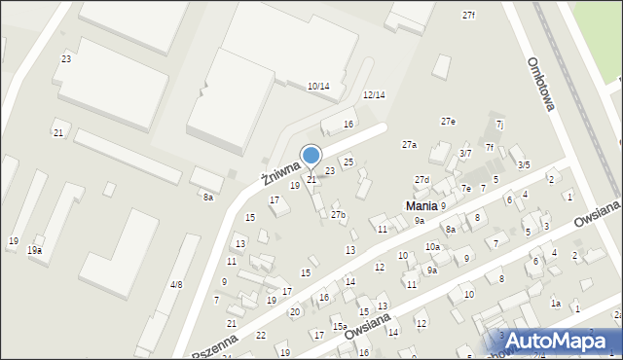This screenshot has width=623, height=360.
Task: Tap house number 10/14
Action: pos(318,87)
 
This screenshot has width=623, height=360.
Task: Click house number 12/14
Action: pos(374,95)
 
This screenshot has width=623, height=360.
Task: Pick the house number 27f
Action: pos(469,16)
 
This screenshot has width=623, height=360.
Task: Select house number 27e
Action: pos(448,122)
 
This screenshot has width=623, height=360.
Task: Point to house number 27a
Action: pos(410,145)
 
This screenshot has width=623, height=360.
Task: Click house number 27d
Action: pos(421,180)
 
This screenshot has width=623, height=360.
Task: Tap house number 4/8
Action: pos(176,284)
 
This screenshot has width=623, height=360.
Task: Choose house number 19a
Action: pos(34,251)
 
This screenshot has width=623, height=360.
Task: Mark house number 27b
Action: pos(338,214)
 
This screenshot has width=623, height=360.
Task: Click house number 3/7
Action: pos(465,153)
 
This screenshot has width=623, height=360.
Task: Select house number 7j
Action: pos(499,125)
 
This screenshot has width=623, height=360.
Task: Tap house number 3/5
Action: pos(524,165)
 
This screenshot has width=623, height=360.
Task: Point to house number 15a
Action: pos(339,327)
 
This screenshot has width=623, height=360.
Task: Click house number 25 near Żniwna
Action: pos(348,162)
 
